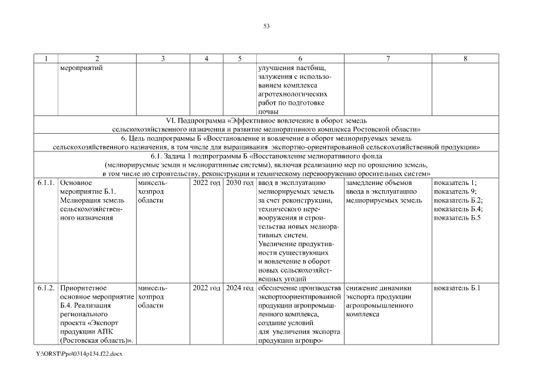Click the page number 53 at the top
[266, 26]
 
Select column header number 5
[240, 58]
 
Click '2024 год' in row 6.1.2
[240, 288]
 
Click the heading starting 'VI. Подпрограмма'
[266, 120]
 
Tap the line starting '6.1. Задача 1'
[266, 157]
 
